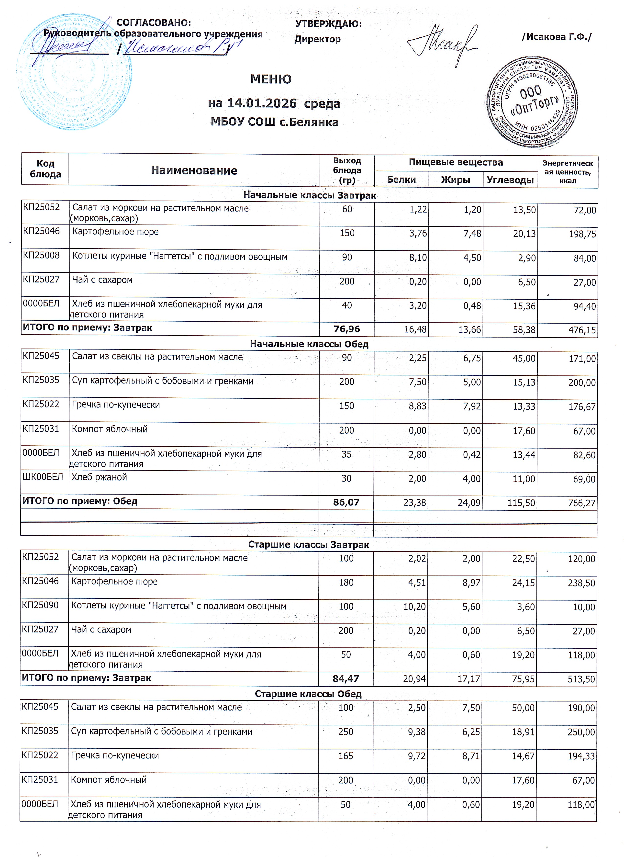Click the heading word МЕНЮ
271,79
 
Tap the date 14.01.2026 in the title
261,103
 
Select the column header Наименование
194,170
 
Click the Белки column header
401,180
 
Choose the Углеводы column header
510,180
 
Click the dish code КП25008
41,255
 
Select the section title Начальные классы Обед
309,344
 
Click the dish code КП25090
40,605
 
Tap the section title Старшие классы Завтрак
309,544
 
